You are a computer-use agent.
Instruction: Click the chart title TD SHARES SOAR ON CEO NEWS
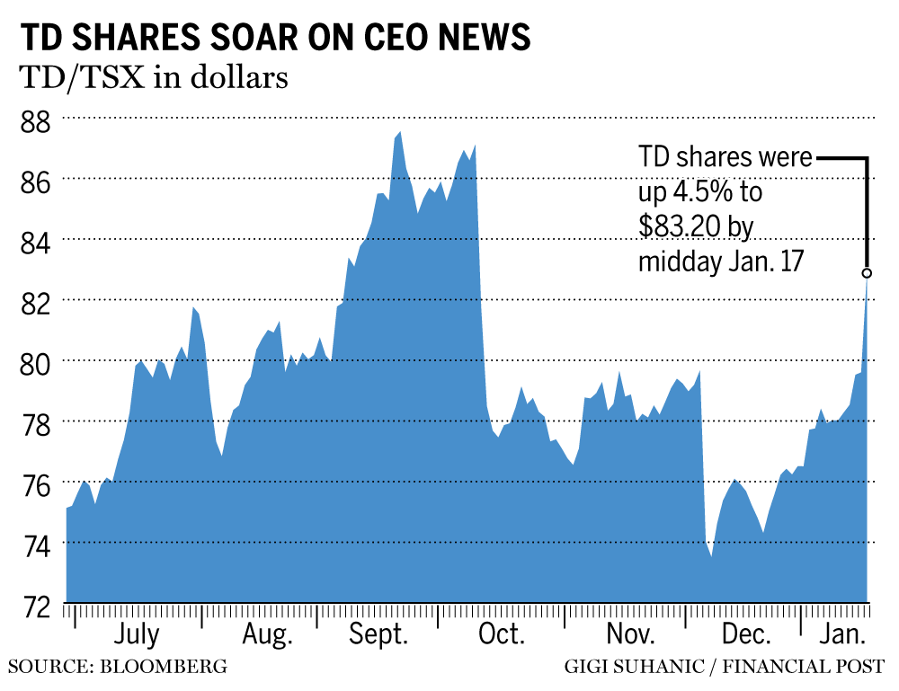pos(274,37)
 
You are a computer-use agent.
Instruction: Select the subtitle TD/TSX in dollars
pos(153,78)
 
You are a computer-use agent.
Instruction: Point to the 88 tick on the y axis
pos(35,120)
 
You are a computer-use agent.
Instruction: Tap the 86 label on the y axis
pos(35,180)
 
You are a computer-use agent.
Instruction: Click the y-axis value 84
pos(35,240)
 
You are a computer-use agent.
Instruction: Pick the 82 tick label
pos(35,301)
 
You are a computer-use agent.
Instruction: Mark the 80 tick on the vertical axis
pos(35,361)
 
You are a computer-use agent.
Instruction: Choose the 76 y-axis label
pos(35,483)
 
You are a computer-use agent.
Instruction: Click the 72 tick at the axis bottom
pos(35,604)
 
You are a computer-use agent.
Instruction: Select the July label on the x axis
pos(137,635)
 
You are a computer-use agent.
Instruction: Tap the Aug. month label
pos(267,635)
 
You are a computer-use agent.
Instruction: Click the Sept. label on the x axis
pos(378,635)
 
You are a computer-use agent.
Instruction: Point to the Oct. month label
pos(501,635)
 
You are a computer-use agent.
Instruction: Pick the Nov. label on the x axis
pos(629,635)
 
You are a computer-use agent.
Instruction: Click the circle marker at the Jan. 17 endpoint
pos(867,272)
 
